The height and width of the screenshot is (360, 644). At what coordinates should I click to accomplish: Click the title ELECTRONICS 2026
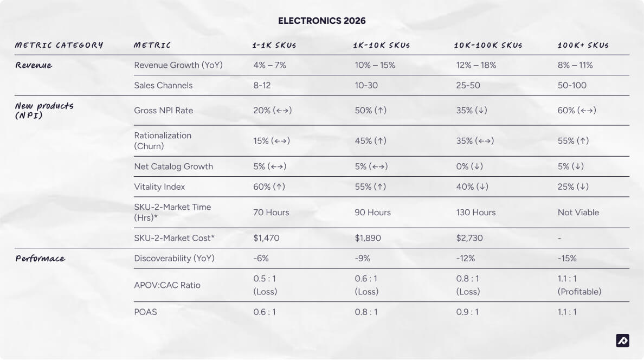321,21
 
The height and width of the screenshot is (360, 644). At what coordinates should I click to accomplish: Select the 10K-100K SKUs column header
488,45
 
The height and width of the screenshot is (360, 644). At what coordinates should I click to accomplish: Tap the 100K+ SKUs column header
583,45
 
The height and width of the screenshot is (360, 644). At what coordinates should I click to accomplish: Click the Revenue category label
34,66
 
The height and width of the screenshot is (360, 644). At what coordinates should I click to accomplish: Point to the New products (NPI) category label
44,111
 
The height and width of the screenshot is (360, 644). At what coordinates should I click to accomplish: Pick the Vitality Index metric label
159,187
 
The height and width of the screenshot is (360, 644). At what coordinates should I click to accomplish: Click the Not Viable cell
578,213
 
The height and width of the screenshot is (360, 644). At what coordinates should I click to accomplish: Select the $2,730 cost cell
469,238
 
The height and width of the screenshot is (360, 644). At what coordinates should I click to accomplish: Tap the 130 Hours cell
475,213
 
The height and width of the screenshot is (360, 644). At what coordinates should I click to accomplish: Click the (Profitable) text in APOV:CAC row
579,292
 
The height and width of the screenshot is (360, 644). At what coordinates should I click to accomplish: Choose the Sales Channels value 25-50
468,86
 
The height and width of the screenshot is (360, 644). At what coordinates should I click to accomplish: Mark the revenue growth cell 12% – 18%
476,65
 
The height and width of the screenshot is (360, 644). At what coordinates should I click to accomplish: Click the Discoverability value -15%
567,259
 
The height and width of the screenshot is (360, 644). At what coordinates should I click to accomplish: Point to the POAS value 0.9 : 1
467,312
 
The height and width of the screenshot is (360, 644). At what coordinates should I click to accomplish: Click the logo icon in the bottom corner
623,340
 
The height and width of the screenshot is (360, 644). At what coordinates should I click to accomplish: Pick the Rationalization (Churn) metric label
163,141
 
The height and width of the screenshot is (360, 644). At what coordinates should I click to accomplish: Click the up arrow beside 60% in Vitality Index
279,187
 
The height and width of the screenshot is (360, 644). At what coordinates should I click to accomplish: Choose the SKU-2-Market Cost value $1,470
266,238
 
